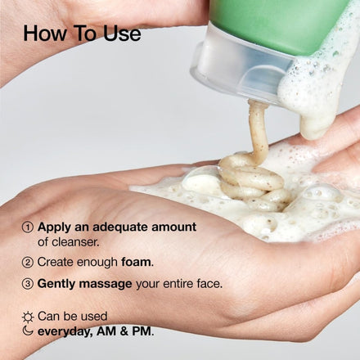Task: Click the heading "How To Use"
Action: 82,34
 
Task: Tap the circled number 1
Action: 28,227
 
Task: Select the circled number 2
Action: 28,263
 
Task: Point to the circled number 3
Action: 28,284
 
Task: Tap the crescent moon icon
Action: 28,331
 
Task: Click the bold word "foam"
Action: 137,263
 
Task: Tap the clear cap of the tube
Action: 237,70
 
